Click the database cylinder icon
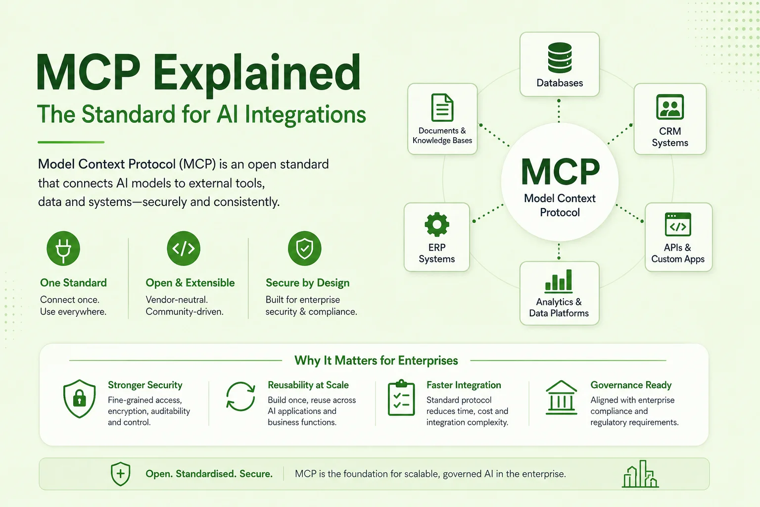[560, 58]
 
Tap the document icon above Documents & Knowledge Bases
[442, 107]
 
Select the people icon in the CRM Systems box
[670, 107]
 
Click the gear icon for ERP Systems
[437, 224]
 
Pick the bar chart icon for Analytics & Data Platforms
[559, 281]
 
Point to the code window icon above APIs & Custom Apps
[678, 224]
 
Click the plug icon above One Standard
[63, 248]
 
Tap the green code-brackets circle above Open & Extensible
[184, 248]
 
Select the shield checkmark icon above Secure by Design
[304, 248]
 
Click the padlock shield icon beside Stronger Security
[79, 399]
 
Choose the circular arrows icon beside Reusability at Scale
[240, 397]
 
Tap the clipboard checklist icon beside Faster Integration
[401, 398]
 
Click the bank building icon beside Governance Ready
[561, 397]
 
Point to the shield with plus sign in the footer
[120, 474]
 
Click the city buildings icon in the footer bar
[640, 474]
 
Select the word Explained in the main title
[256, 74]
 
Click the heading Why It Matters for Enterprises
[376, 360]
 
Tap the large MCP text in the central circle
[560, 171]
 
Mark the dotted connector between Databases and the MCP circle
[559, 111]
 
